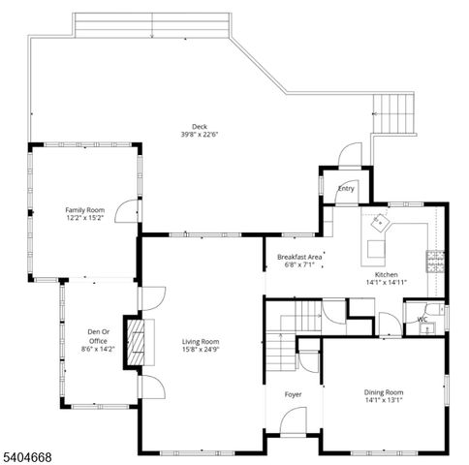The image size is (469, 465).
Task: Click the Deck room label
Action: coord(199,126)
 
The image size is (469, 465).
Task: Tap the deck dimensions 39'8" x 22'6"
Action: coord(199,135)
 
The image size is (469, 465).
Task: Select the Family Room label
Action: coord(84,209)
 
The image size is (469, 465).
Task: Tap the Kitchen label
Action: coord(386,275)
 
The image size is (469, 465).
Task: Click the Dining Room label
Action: coord(384,392)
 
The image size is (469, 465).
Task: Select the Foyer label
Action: coord(293,394)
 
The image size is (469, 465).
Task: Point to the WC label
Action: coord(422,319)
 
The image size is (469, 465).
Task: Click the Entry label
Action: coord(346,189)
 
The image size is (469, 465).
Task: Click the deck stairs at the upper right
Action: coord(394,114)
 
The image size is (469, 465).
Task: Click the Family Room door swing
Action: coord(127,212)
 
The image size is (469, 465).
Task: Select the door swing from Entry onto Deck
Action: coord(350,154)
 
